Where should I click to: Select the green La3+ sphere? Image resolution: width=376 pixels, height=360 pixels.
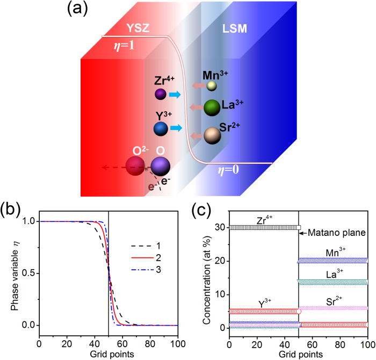point(212,107)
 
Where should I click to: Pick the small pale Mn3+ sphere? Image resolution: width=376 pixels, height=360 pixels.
point(212,85)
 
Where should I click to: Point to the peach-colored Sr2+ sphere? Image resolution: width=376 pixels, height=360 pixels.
point(212,135)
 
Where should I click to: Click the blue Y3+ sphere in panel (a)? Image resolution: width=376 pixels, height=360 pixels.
point(160,129)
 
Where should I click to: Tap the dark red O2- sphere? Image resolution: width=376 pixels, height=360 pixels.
point(134,165)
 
